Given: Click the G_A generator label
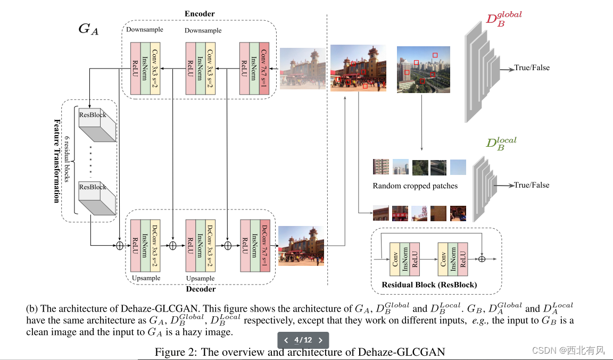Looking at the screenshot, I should click(x=88, y=29).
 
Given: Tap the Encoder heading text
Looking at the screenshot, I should click(x=200, y=13).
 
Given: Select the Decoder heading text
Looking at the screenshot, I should click(x=201, y=289).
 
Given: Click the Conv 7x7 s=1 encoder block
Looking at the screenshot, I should click(x=264, y=69).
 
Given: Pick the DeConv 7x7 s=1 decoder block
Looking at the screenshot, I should click(x=264, y=245).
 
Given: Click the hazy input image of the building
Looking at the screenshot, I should click(x=303, y=68).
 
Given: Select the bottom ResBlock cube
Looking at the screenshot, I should click(x=97, y=198).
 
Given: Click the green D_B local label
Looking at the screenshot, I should click(x=501, y=143).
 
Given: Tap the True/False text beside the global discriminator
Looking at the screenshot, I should click(x=532, y=68).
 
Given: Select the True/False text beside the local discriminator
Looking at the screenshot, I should click(x=532, y=185).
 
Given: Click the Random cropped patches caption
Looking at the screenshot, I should click(x=415, y=186).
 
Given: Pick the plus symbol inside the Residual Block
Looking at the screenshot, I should click(x=482, y=259).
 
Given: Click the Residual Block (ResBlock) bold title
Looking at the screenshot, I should click(x=429, y=285).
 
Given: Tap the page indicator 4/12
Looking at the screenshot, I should click(x=303, y=340).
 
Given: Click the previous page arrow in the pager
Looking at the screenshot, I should click(x=286, y=340).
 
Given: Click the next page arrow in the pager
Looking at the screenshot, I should click(x=320, y=340).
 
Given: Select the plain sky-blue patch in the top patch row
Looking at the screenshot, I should click(x=458, y=168).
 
